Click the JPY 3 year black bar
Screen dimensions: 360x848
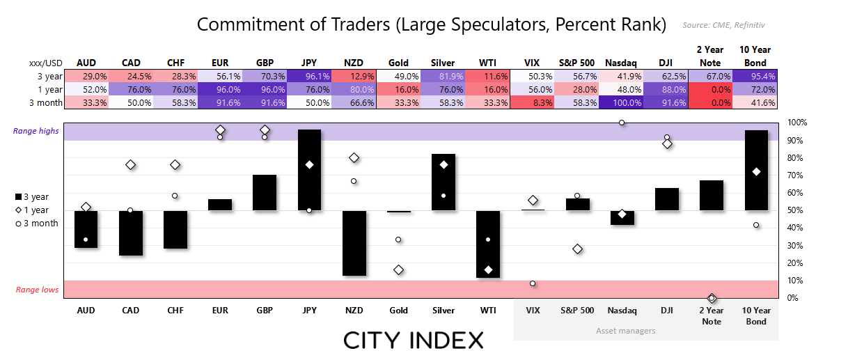309,170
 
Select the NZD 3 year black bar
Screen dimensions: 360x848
354,243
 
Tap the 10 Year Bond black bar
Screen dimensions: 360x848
756,170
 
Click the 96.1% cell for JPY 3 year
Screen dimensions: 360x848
309,76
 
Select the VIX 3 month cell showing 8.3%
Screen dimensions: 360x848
533,102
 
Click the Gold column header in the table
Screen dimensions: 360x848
398,63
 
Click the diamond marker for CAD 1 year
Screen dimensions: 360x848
131,164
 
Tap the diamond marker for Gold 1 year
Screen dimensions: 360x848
398,269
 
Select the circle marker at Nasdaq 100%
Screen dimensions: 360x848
622,123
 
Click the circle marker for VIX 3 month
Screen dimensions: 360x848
533,283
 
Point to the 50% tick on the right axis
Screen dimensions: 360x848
796,210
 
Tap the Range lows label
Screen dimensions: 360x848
38,290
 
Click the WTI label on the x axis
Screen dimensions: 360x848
487,311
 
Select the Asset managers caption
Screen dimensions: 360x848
625,331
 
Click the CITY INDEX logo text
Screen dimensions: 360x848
414,341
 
